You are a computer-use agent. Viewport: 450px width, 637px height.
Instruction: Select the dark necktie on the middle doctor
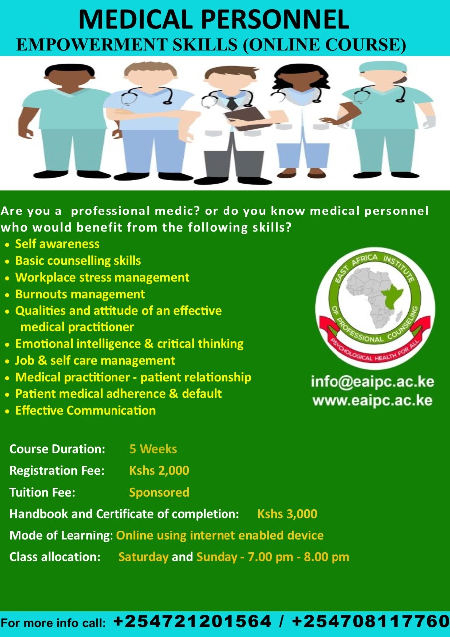(232, 103)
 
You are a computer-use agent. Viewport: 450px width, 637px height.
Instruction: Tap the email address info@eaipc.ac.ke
(372, 382)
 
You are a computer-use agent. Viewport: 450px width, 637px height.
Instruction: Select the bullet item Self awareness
(57, 244)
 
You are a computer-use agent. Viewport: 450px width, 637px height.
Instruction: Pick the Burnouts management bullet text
(80, 294)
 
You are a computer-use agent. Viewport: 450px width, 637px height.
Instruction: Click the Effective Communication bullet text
(86, 411)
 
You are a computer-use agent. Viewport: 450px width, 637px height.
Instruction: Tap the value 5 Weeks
(153, 449)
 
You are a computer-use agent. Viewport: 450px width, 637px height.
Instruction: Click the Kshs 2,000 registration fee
(159, 471)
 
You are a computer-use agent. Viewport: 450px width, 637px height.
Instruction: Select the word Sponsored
(159, 493)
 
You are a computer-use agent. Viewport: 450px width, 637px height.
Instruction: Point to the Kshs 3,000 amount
(287, 514)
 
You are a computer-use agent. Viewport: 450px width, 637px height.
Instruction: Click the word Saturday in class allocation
(144, 557)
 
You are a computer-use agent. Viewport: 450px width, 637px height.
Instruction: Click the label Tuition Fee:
(42, 492)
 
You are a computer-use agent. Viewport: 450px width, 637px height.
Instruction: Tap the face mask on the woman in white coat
(302, 94)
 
